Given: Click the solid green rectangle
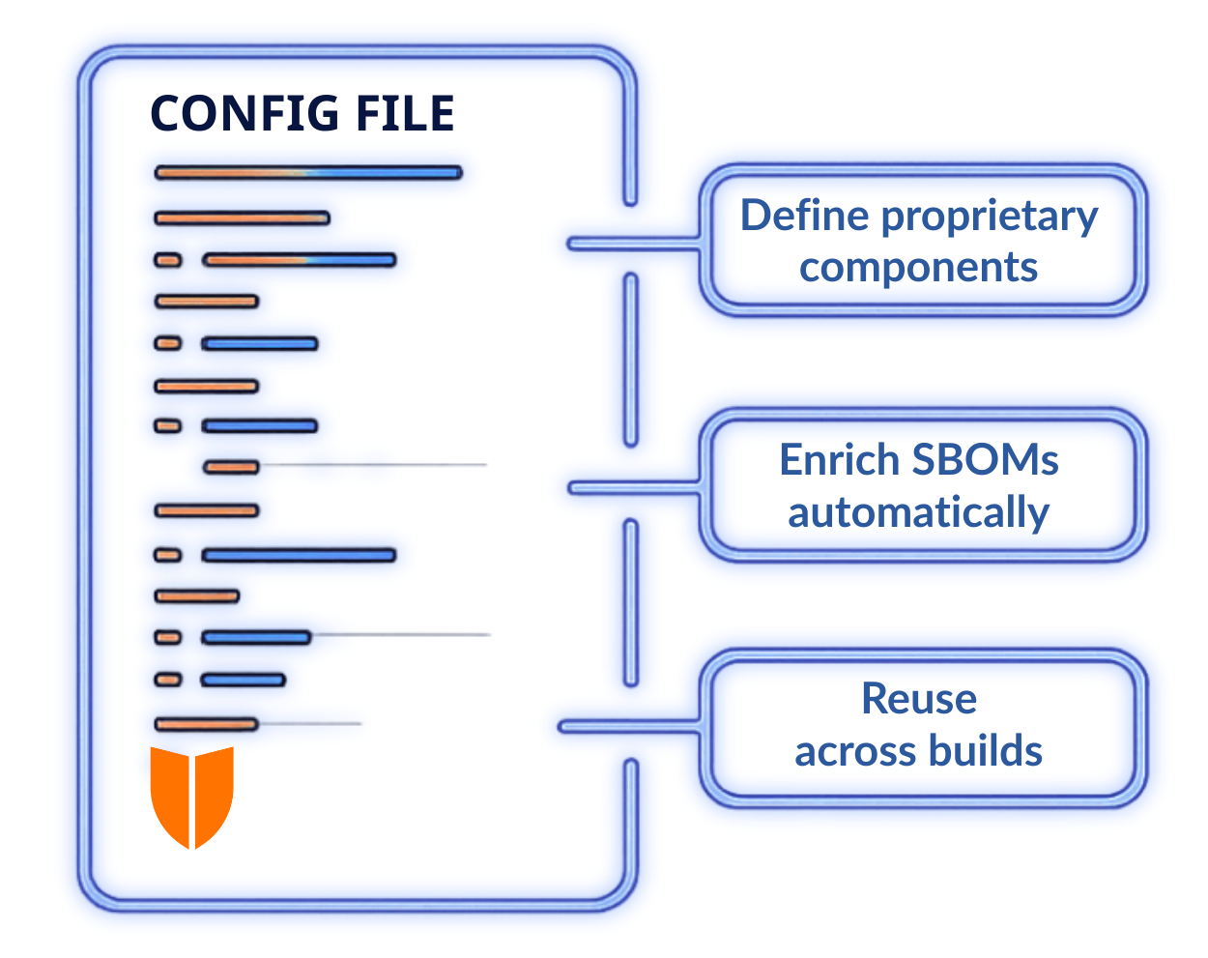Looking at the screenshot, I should click(474, 498).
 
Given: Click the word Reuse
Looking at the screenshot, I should click(919, 698).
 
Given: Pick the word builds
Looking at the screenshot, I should click(995, 754).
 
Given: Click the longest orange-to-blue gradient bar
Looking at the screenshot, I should click(308, 173).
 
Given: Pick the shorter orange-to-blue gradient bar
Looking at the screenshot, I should click(301, 260).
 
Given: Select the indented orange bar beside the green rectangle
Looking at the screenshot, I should click(231, 468).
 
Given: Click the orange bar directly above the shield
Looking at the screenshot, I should click(206, 723).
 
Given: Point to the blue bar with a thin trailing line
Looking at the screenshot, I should click(256, 637).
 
